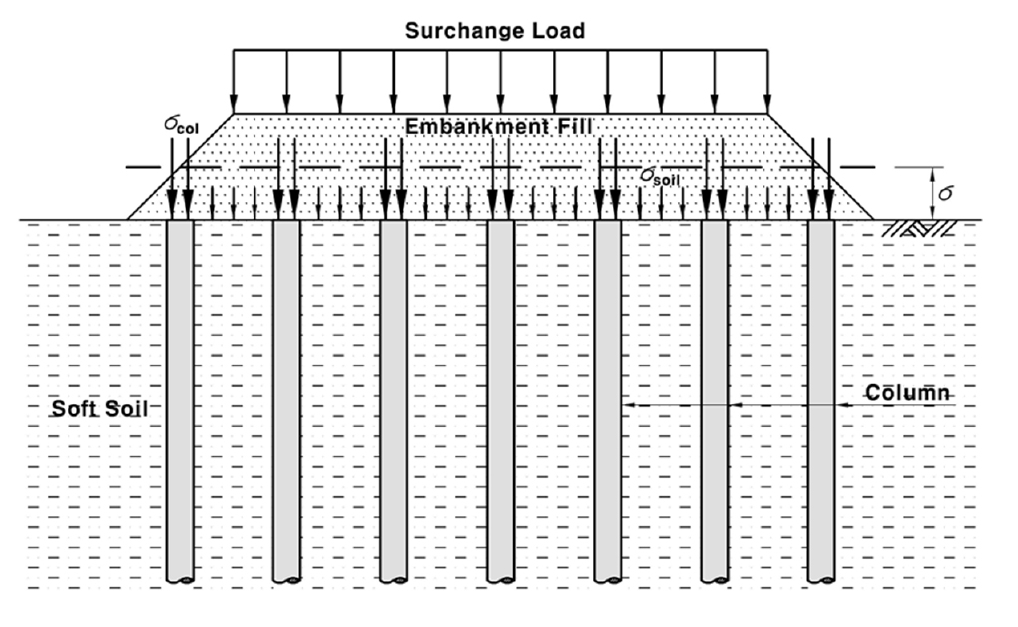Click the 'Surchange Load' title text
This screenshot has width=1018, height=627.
pos(495,31)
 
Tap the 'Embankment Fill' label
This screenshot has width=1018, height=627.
pos(499,126)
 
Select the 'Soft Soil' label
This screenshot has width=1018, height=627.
pos(100,408)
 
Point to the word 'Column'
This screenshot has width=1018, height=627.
pos(907,393)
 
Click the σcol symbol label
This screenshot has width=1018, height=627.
pos(181,124)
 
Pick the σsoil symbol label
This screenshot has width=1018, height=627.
pos(660,176)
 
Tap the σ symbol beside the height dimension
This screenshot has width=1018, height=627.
pos(946,193)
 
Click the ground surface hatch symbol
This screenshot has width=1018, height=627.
pos(919,228)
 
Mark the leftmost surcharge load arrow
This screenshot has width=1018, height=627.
pos(234,81)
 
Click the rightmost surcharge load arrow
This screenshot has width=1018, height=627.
pos(768,81)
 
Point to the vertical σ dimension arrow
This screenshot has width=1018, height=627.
pos(932,193)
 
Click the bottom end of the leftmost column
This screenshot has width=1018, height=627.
pos(180,579)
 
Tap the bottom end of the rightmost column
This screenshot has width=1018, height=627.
pos(821,579)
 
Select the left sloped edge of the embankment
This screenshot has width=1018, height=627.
pos(180,167)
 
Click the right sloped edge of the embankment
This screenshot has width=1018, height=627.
pos(821,167)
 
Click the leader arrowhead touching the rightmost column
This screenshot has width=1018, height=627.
pos(841,405)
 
